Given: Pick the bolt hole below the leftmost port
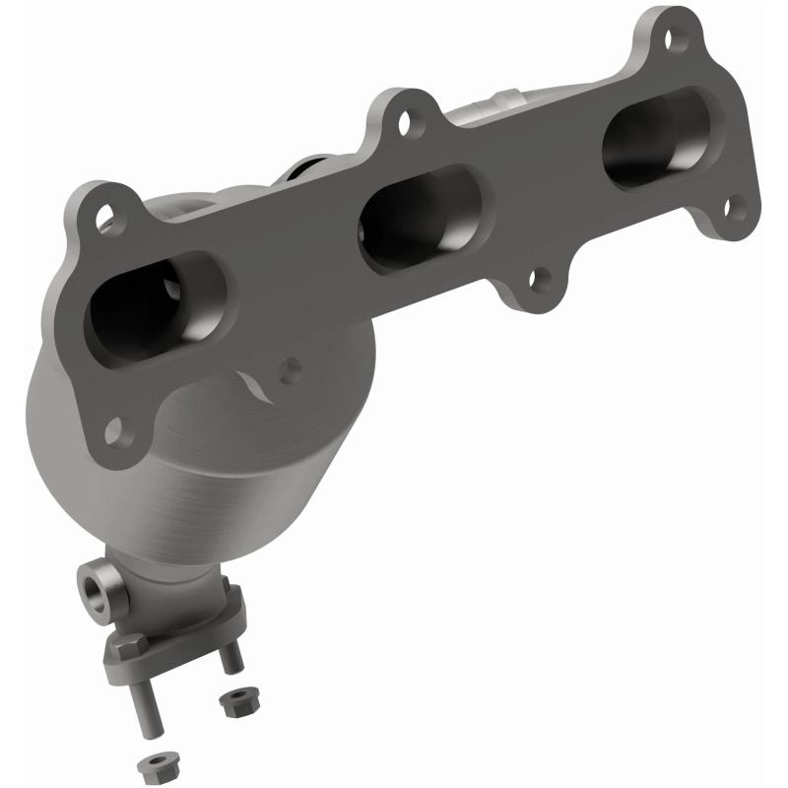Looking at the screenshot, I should pyautogui.click(x=115, y=431).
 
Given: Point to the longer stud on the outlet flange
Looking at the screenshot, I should pyautogui.click(x=144, y=704).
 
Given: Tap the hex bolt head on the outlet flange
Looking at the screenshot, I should pyautogui.click(x=129, y=647).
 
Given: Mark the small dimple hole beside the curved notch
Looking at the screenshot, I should pyautogui.click(x=290, y=369).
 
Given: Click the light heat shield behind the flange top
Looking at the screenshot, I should pyautogui.click(x=492, y=102).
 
